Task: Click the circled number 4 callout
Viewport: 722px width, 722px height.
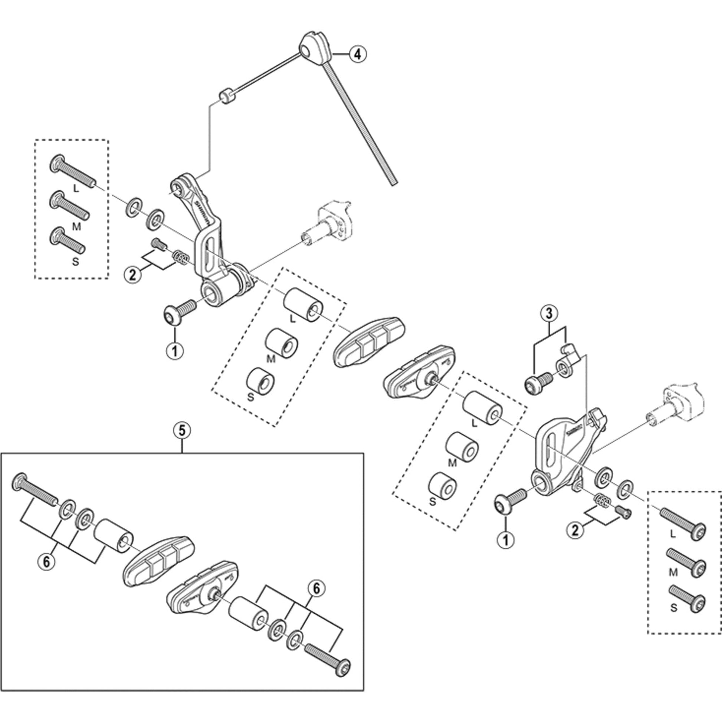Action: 358,55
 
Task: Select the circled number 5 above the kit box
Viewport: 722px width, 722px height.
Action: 182,431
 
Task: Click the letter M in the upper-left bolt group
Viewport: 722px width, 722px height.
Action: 76,226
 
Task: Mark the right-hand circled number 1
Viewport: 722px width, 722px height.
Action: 505,539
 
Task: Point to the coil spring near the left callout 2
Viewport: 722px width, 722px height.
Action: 180,257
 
